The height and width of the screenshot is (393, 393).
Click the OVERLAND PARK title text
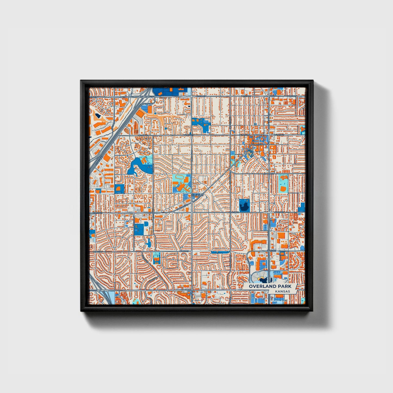pos(270,286)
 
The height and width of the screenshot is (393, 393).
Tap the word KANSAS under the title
pos(282,291)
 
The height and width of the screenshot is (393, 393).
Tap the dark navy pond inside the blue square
pos(244,206)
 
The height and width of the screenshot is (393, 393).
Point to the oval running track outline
pos(180,178)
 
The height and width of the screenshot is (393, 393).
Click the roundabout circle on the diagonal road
pos(245,154)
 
